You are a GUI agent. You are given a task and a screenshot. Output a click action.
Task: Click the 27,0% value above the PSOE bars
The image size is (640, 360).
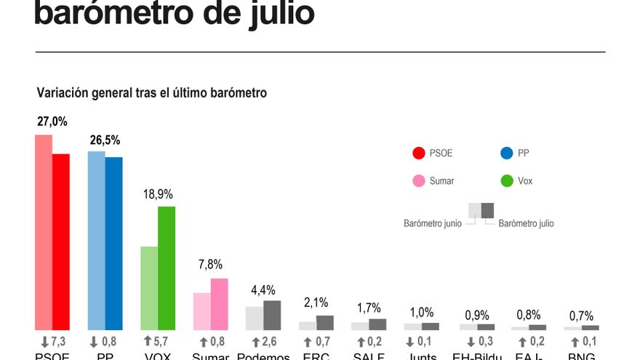click(x=52, y=122)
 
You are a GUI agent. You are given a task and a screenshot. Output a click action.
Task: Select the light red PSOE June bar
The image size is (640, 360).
click(x=44, y=232)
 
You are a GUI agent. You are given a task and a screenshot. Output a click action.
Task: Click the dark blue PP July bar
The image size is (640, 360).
click(x=114, y=243)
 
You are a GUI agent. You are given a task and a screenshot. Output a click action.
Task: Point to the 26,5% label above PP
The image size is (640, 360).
click(x=105, y=140)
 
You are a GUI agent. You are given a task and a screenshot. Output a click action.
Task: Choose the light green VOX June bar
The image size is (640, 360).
click(x=149, y=288)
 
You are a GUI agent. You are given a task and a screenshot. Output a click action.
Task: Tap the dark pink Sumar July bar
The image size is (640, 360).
click(x=220, y=304)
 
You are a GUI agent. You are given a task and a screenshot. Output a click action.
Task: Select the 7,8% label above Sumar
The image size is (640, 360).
click(x=210, y=265)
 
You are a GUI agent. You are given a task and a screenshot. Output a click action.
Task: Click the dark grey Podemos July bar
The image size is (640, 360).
click(x=272, y=315)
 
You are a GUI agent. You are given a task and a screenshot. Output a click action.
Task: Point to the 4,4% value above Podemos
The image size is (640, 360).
click(x=263, y=290)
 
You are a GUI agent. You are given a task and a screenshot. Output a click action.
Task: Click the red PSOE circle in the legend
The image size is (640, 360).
click(x=418, y=153)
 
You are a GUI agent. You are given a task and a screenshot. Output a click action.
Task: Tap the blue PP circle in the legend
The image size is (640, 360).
click(x=508, y=153)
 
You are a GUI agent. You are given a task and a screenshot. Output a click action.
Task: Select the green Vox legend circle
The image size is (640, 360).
click(x=508, y=180)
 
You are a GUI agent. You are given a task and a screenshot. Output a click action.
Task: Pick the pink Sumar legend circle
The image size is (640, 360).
click(x=418, y=180)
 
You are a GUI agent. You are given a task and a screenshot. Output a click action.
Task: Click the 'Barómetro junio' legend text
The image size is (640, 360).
click(x=432, y=224)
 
